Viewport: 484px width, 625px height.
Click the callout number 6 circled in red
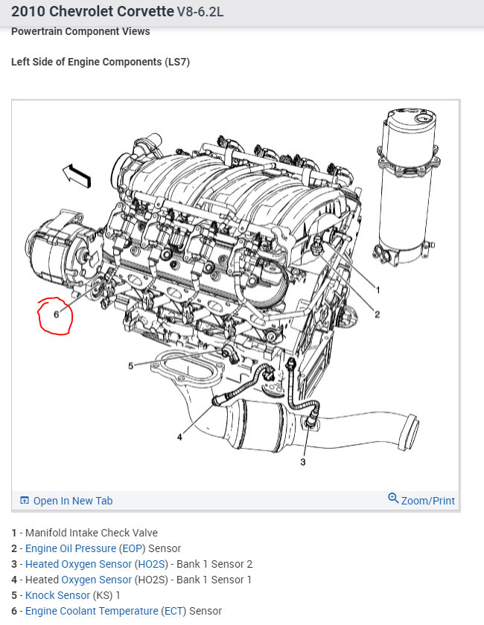[57, 315]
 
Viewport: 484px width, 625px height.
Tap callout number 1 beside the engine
[378, 290]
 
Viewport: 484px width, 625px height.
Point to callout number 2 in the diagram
[377, 315]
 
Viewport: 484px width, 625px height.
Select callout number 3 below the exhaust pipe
[303, 462]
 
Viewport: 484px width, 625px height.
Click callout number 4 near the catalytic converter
[179, 437]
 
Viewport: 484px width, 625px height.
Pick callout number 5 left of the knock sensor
[130, 365]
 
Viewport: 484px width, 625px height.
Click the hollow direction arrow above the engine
[77, 176]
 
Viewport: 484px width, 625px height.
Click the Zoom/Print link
[427, 501]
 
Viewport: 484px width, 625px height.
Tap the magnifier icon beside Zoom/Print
[393, 498]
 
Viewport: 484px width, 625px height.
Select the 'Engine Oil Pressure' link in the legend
[71, 548]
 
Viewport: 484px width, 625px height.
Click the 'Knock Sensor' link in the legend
[57, 595]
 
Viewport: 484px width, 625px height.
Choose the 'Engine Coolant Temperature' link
[92, 611]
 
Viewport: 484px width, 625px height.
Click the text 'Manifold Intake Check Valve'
[92, 533]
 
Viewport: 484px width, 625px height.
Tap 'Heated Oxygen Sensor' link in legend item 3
[78, 564]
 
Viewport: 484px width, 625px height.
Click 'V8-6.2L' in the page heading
[200, 12]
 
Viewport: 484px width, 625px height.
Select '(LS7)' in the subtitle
[177, 62]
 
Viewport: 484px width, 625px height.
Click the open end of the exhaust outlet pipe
[409, 434]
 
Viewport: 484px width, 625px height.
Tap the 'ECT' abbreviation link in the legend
[173, 611]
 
